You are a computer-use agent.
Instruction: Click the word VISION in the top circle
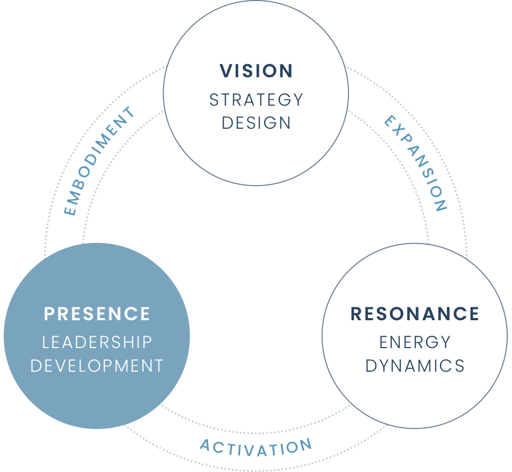click(x=256, y=71)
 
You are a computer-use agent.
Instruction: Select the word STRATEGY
click(x=256, y=100)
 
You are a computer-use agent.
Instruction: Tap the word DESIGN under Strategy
click(x=256, y=123)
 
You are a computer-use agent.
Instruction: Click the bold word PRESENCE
click(x=97, y=314)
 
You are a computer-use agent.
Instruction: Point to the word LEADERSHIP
click(x=97, y=342)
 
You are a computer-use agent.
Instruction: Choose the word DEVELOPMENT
click(x=97, y=366)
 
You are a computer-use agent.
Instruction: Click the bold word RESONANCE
click(x=414, y=314)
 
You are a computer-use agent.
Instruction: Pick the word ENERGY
click(x=414, y=342)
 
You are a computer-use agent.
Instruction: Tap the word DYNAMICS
click(x=414, y=366)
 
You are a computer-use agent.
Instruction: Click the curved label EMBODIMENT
click(x=100, y=161)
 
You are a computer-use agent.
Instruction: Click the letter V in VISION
click(x=226, y=71)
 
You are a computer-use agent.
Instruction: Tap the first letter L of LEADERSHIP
click(x=46, y=342)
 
